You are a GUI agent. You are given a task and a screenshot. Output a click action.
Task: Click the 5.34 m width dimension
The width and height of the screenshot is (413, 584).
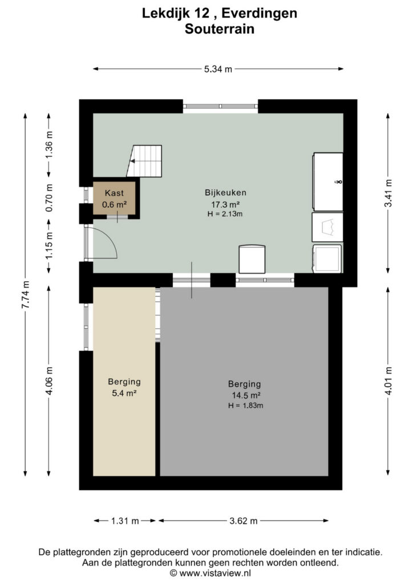click(218, 69)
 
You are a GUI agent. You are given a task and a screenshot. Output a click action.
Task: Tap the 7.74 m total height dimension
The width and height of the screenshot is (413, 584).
click(25, 295)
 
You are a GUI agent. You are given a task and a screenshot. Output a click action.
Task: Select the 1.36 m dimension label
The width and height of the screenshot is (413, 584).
click(49, 144)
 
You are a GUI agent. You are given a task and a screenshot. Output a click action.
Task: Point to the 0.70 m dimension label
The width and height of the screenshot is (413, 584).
click(49, 198)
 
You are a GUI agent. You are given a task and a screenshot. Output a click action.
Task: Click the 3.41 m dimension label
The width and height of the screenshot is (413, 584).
click(388, 193)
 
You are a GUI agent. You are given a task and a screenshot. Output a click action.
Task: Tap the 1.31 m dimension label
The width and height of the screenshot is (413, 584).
click(125, 521)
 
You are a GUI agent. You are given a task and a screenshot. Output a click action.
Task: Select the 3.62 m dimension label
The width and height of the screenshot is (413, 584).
click(243, 521)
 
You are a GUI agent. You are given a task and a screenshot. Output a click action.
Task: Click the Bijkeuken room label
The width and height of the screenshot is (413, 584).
click(225, 193)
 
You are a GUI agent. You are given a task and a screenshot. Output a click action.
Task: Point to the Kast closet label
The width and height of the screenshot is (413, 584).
click(114, 193)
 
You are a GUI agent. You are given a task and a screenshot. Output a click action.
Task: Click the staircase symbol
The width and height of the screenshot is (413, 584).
click(144, 161)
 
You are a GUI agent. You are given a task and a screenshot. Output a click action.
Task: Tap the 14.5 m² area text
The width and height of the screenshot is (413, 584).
click(245, 395)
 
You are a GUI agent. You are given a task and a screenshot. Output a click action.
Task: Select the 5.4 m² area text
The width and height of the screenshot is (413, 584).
click(124, 393)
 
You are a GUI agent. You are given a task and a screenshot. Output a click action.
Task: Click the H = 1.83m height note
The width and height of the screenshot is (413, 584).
click(245, 405)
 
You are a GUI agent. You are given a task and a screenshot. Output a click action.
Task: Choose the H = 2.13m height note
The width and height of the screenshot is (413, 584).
click(225, 214)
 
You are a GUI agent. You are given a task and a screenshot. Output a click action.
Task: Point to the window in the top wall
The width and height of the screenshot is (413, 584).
click(220, 106)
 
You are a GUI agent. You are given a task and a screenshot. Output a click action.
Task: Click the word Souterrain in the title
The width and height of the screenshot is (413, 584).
click(220, 29)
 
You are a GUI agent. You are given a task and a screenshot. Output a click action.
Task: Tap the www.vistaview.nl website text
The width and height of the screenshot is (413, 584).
click(215, 573)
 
